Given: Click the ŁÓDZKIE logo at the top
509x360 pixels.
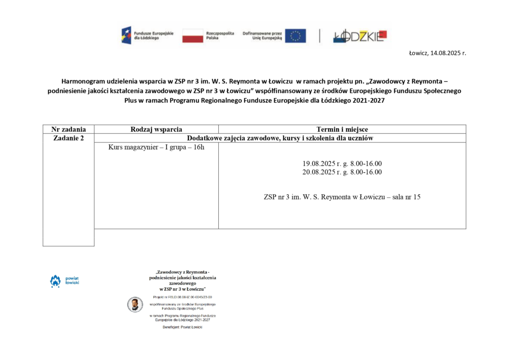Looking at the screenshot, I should point(359,36).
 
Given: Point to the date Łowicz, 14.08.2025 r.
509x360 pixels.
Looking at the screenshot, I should point(437,53).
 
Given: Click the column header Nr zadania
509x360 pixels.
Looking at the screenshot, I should point(69,129).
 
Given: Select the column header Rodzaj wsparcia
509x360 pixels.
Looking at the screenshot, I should point(156,129).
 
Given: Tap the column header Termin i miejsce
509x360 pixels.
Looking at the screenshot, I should point(342,129).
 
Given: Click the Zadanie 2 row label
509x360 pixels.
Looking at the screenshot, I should point(69,138).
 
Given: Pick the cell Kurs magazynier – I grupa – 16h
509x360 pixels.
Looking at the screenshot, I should point(156,148).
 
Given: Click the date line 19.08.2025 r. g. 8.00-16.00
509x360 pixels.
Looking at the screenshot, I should point(342,164).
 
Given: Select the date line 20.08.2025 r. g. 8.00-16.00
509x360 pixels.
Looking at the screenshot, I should point(342,172).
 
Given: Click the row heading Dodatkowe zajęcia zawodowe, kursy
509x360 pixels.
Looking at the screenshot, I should point(280,138).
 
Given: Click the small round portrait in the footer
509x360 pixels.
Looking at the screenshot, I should point(134,304).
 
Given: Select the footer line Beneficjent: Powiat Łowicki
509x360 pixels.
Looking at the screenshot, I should point(182,327).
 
